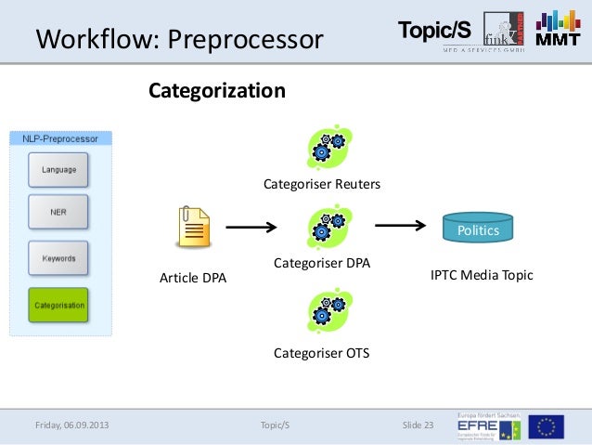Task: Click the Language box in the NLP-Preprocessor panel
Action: (x=58, y=170)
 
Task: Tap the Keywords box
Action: (x=58, y=258)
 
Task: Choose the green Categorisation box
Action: (x=58, y=305)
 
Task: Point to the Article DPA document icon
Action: (x=194, y=228)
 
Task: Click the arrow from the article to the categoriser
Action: (x=252, y=227)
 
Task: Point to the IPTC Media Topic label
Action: (x=482, y=275)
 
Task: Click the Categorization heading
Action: (x=217, y=91)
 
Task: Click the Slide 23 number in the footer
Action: (x=418, y=425)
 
